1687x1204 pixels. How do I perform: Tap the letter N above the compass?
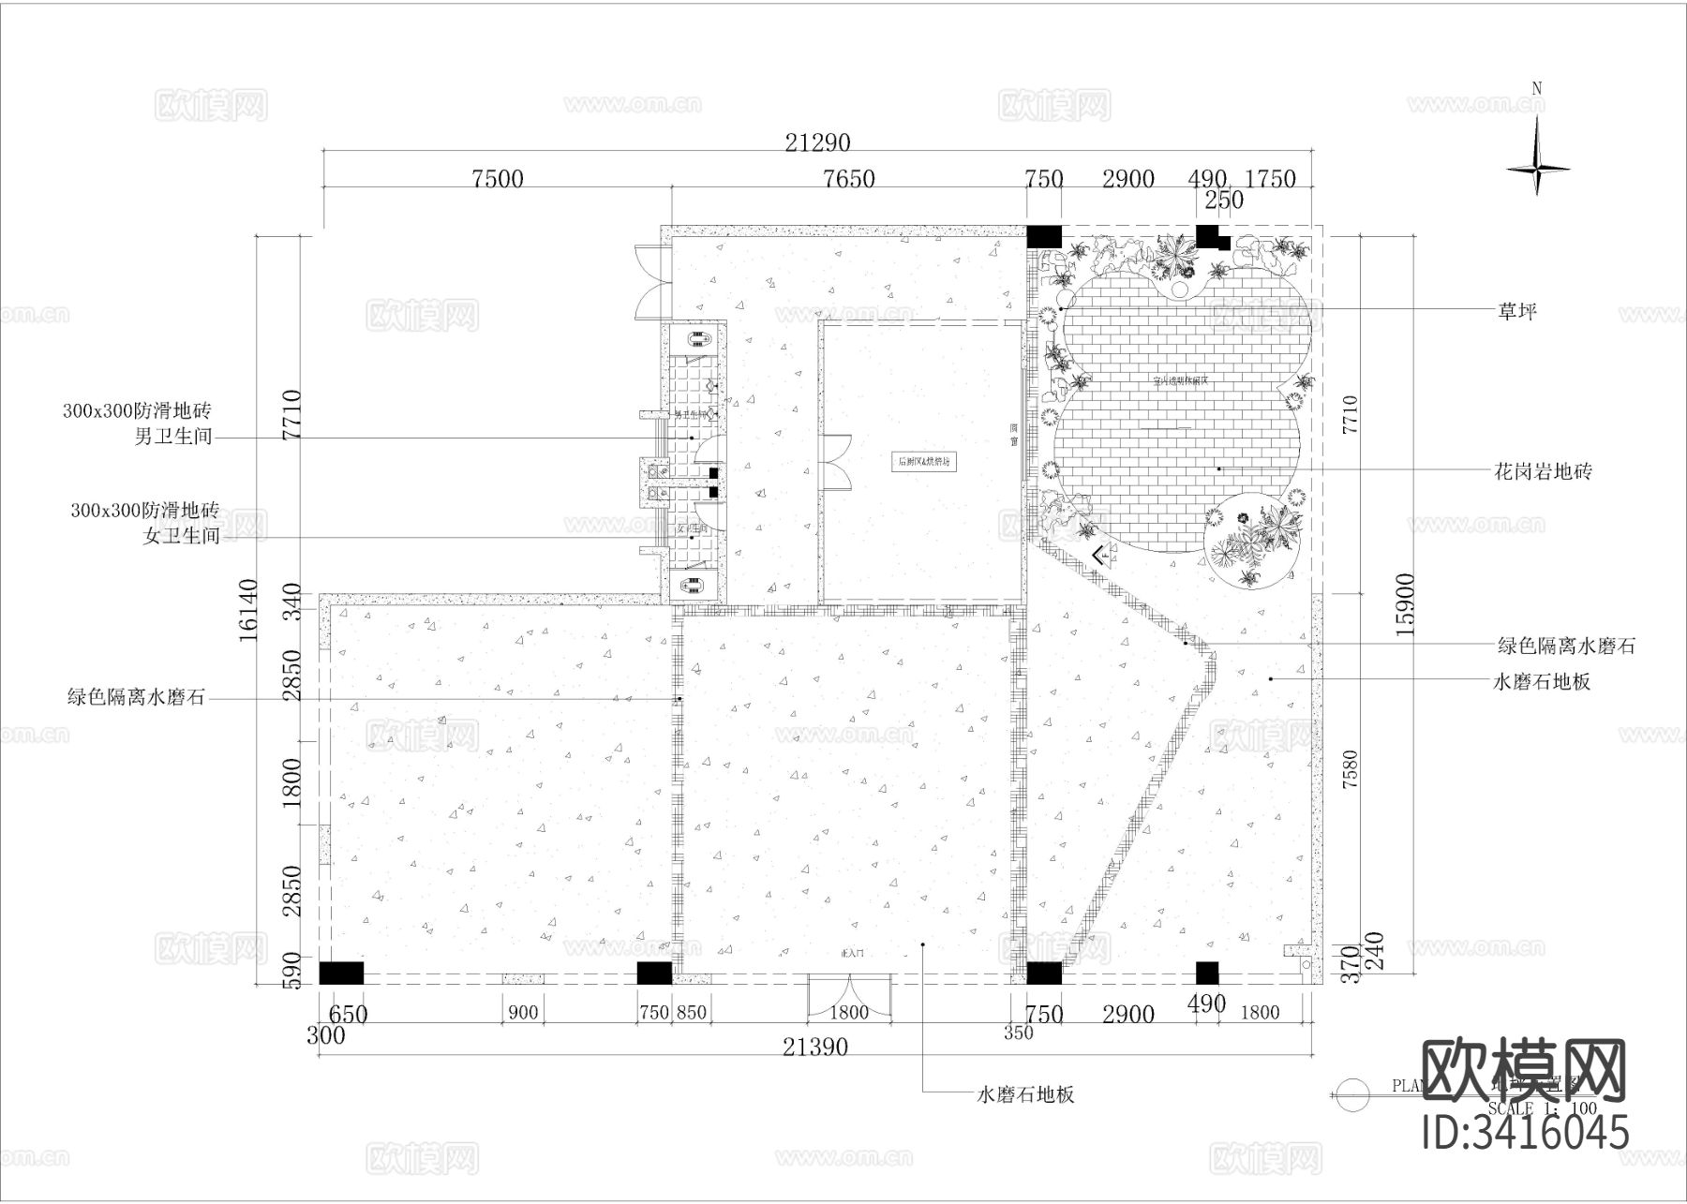tap(1537, 89)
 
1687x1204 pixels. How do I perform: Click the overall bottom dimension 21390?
tap(815, 1048)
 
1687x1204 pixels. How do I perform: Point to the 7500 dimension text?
tap(498, 179)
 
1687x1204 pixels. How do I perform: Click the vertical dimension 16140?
tap(248, 610)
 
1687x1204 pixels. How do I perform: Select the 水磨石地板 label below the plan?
tap(1025, 1094)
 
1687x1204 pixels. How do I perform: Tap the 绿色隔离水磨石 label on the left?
tap(136, 697)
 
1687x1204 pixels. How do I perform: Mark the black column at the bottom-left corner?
tap(341, 974)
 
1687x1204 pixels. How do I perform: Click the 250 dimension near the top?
tap(1224, 201)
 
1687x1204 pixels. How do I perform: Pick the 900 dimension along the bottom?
tap(523, 1013)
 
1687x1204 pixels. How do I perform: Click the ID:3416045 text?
tap(1525, 1132)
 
